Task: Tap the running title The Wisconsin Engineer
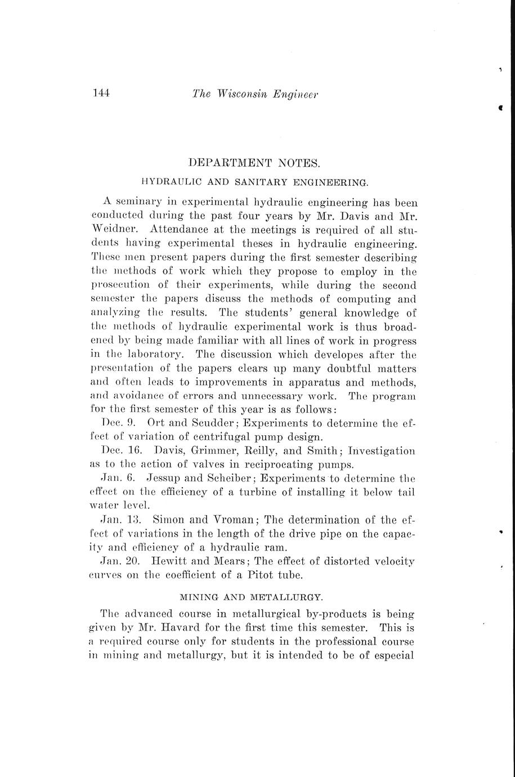(255, 95)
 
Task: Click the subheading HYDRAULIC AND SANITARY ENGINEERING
(254, 182)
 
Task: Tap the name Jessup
(165, 477)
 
